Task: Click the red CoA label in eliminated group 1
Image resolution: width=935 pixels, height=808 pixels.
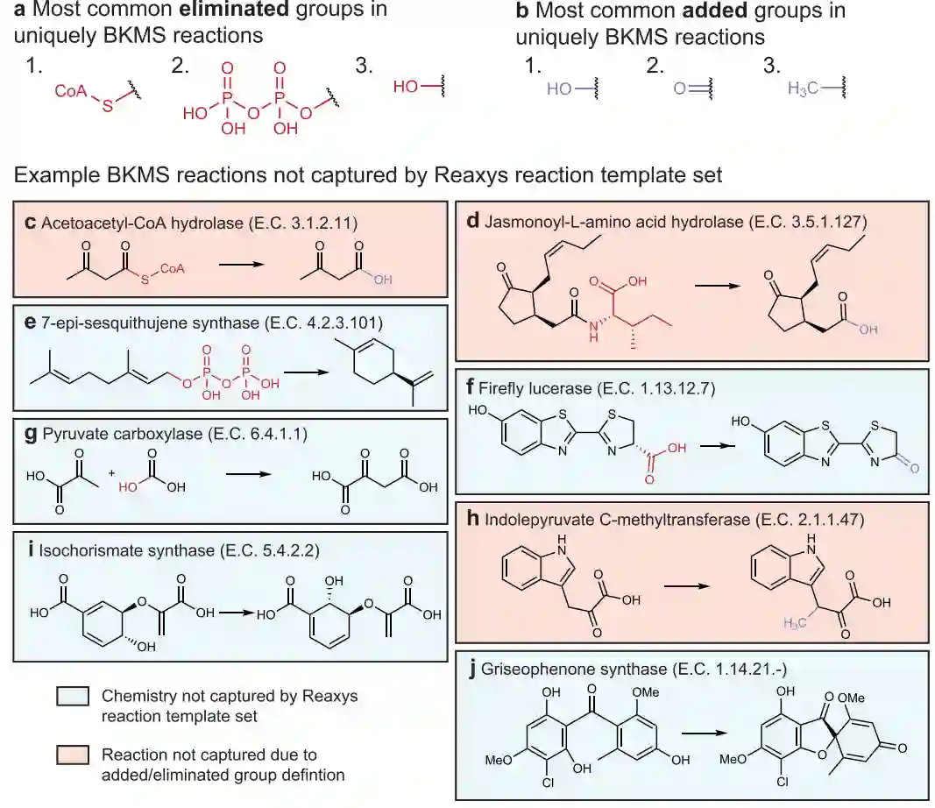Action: [69, 90]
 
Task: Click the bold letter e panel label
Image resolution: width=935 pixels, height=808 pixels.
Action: [32, 323]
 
